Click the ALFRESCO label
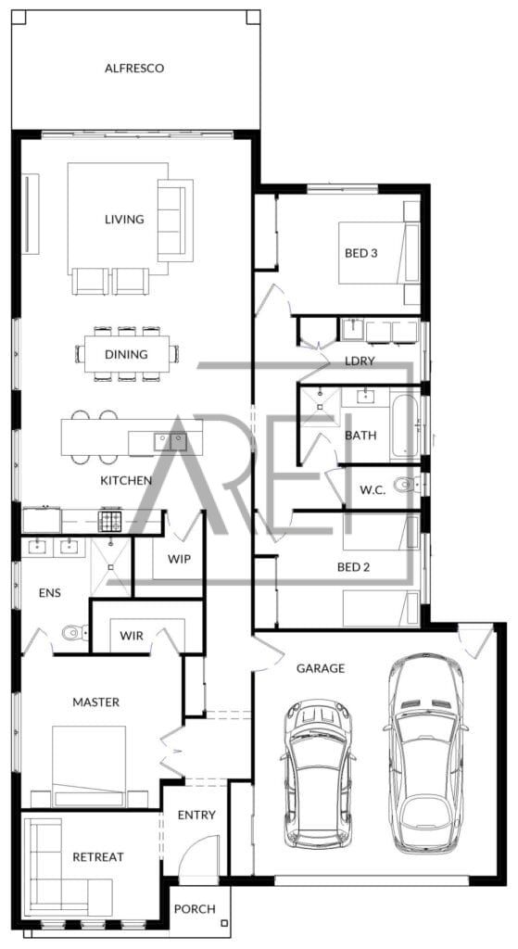click(x=134, y=68)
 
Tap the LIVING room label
click(x=124, y=219)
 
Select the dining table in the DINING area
click(x=127, y=354)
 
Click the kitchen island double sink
click(x=171, y=442)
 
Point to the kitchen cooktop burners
click(x=110, y=521)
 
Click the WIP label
click(x=179, y=559)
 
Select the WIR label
click(x=132, y=636)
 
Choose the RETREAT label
click(x=98, y=857)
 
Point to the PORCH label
click(x=195, y=909)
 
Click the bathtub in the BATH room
click(x=404, y=426)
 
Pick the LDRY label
click(x=360, y=361)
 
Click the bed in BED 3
click(x=379, y=252)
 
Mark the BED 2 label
click(x=353, y=567)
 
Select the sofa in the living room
click(x=175, y=221)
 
